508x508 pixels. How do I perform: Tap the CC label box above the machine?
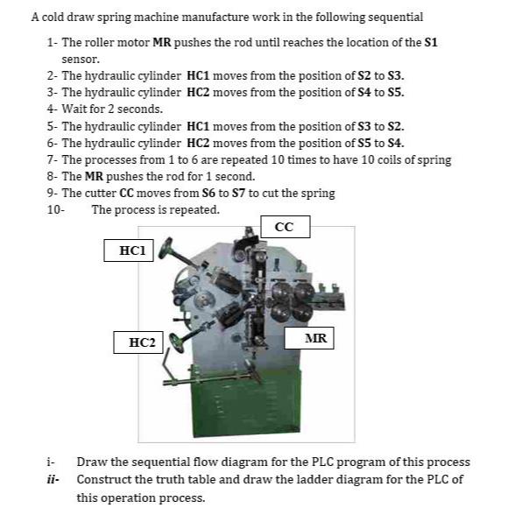[284, 227]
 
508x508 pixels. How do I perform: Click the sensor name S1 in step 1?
[429, 42]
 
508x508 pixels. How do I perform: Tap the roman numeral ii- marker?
[53, 479]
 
